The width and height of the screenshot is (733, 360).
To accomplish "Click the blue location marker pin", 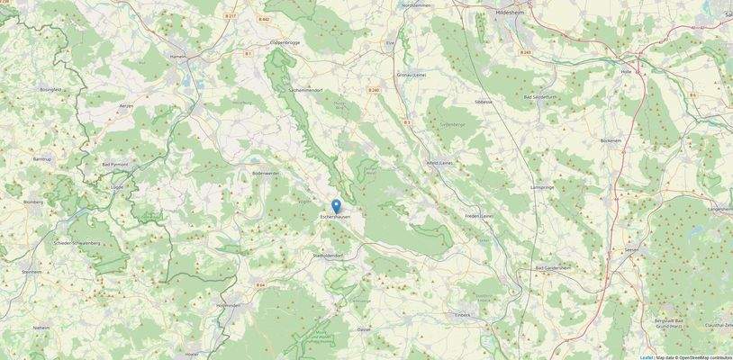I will [x=337, y=206].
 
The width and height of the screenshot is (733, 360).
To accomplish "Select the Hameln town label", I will [x=178, y=56].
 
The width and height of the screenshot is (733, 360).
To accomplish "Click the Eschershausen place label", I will [x=337, y=217].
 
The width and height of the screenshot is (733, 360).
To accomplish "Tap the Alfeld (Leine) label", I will [x=439, y=162].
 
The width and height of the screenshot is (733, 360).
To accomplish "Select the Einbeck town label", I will [x=463, y=315].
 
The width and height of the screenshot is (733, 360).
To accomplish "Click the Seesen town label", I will [x=630, y=250].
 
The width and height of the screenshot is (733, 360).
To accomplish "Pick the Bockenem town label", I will [x=611, y=141].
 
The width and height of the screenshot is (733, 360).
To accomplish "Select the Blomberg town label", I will [x=33, y=202].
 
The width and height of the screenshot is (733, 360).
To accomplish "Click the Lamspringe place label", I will [x=543, y=187].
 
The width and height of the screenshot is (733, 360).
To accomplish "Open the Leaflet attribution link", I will [x=647, y=357].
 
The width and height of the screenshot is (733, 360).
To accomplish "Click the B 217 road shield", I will [x=231, y=16].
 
